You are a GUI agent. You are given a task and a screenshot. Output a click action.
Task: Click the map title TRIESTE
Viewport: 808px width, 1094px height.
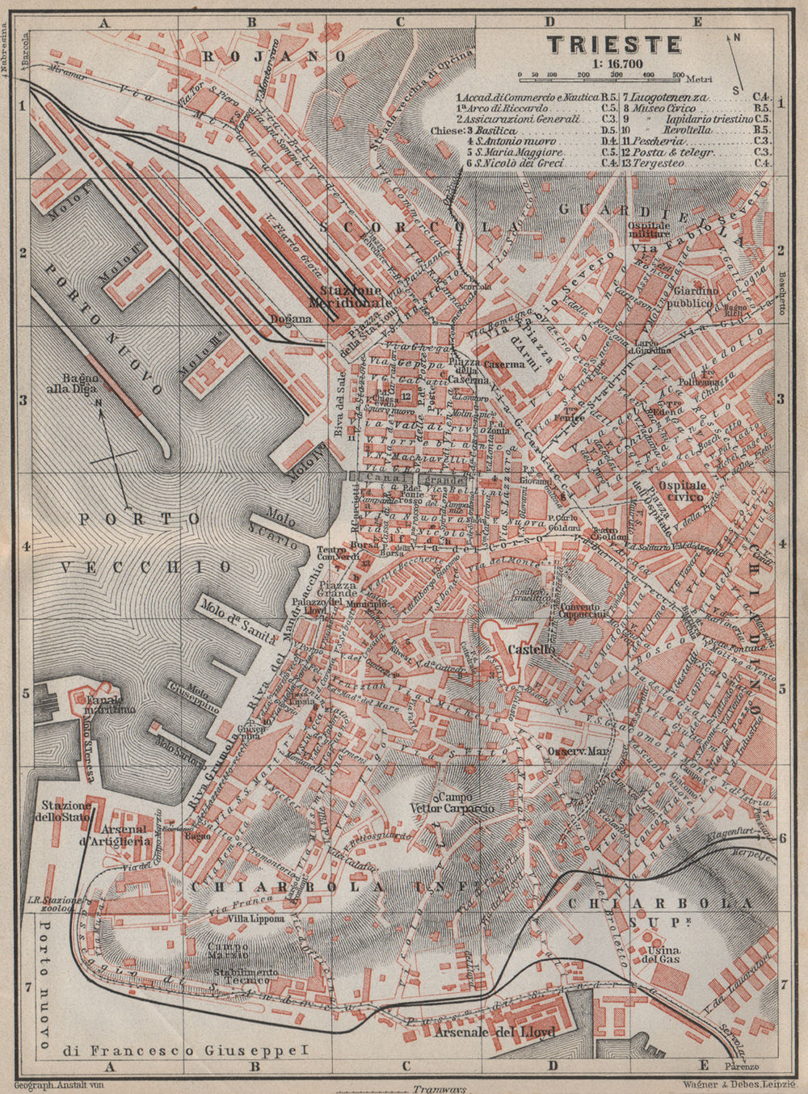click(x=615, y=44)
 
